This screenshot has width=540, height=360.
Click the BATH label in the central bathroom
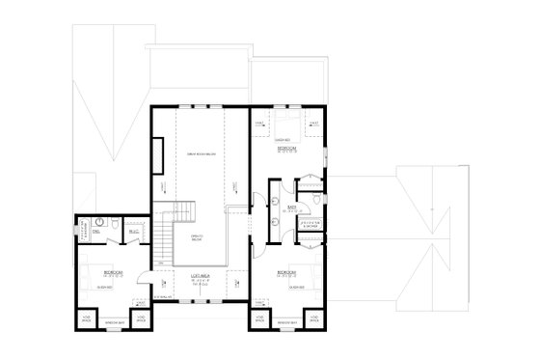coord(291,207)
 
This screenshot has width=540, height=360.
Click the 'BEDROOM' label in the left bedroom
coord(111,273)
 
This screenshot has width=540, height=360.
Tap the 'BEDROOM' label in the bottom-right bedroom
coord(287,273)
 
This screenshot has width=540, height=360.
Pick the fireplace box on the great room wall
coord(156,154)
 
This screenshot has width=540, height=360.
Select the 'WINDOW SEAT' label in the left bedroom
coord(112,325)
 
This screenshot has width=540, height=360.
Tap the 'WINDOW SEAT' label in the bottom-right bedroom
coord(287,325)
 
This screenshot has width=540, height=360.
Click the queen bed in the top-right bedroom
coord(287,125)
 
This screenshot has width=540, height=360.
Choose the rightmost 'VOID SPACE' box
coord(315,318)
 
